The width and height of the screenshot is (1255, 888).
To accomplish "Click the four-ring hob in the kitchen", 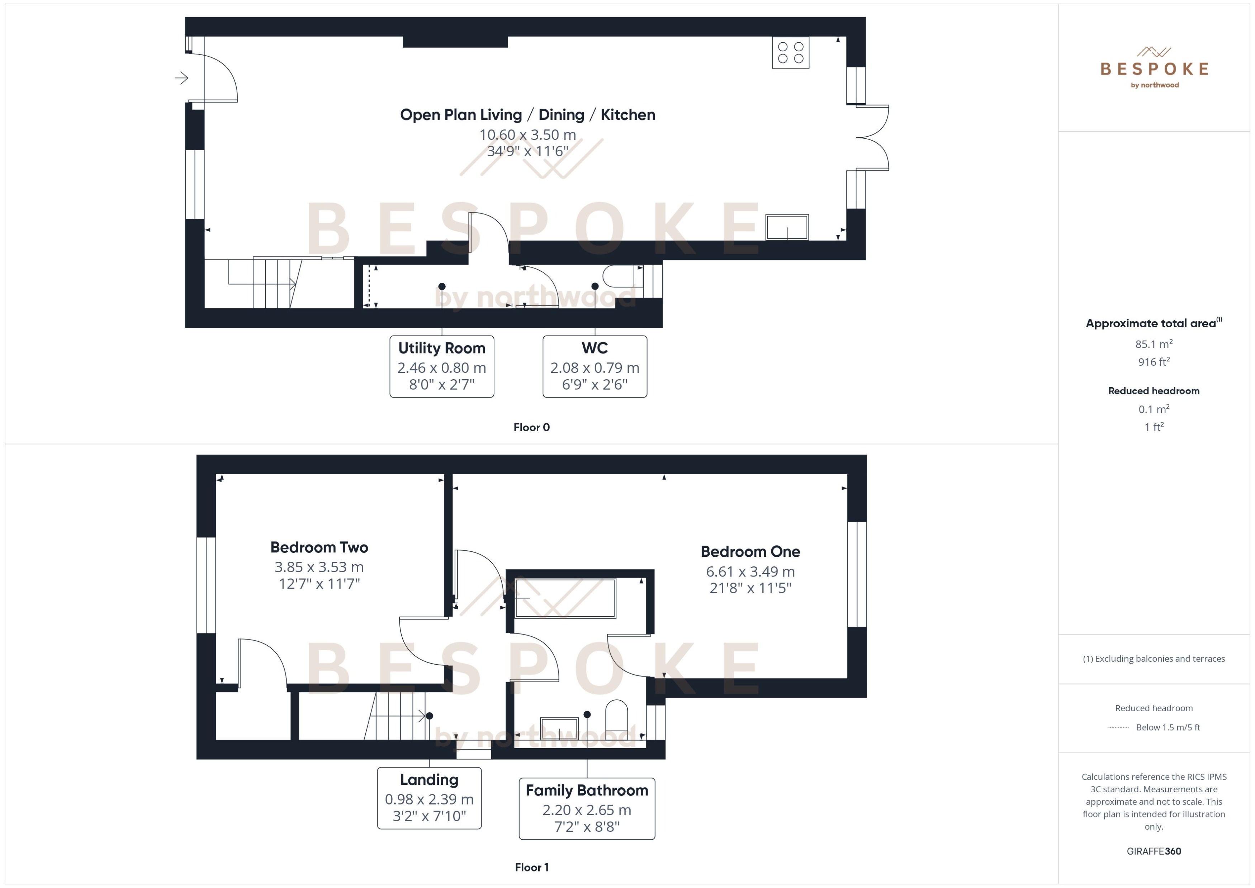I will point(790,52).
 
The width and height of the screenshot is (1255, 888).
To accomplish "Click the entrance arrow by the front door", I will point(181,78).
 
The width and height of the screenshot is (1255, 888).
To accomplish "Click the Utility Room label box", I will point(441,366).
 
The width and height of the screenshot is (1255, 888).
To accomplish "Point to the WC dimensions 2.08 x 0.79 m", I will point(595,368).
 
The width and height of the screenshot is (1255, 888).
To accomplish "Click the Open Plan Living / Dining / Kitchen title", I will point(527,115).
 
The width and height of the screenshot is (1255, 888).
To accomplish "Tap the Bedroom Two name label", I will point(319,547).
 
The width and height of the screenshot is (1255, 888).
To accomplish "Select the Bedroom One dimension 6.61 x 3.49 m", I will point(750,572).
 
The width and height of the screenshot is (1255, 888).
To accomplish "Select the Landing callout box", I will point(429,798).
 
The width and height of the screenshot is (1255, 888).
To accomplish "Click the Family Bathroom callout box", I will point(586,808).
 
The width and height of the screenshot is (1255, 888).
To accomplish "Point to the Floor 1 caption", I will point(531,867).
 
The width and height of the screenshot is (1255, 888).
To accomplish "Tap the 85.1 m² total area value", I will point(1153,344).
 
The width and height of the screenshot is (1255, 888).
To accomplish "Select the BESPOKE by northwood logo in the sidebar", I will point(1154,68).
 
